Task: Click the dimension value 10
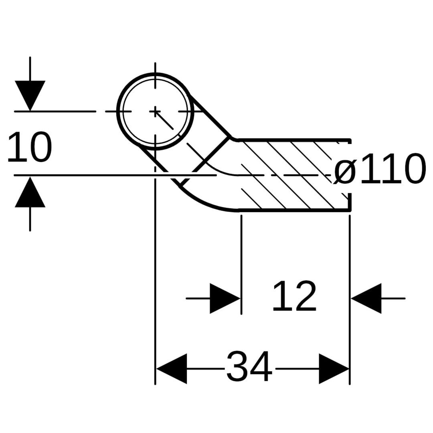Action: [x=30, y=148]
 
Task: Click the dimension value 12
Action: [x=294, y=297]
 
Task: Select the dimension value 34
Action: [x=249, y=367]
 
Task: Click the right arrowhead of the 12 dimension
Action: [x=366, y=299]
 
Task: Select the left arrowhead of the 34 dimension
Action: [x=172, y=368]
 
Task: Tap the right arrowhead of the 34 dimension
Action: [x=334, y=368]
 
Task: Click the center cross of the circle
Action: [x=155, y=111]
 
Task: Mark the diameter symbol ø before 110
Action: [x=345, y=170]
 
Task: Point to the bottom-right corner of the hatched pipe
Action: [x=350, y=210]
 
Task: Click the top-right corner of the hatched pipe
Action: [x=350, y=140]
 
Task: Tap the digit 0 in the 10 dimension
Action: [x=40, y=148]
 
